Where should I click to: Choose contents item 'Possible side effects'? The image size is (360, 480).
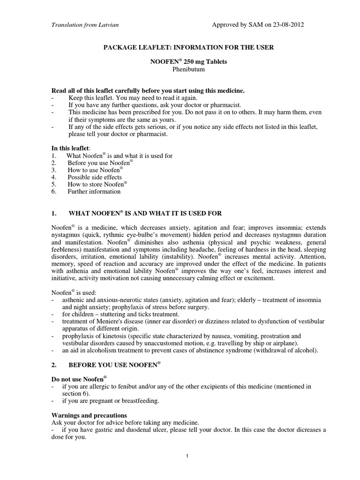click(94, 177)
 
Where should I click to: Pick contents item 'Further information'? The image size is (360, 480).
click(94, 191)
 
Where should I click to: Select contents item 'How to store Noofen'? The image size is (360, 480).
click(96, 184)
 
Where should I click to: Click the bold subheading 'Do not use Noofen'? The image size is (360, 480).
click(77, 377)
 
